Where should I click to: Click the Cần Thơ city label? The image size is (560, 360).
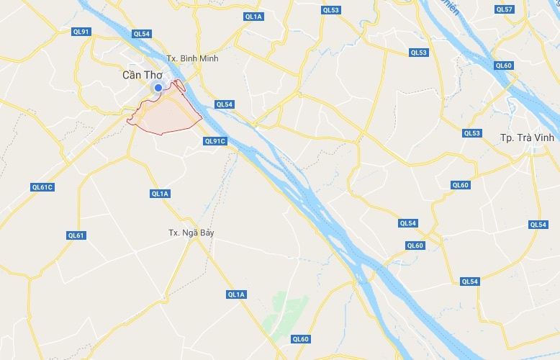tap(143, 74)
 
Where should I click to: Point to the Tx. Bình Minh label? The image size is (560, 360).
tap(191, 58)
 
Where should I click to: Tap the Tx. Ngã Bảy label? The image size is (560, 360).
tap(191, 233)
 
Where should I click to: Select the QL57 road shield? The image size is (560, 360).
tap(505, 9)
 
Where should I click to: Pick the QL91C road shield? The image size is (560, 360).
tap(215, 141)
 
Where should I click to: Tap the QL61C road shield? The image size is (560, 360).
tap(43, 187)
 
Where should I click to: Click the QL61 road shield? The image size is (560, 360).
tap(76, 235)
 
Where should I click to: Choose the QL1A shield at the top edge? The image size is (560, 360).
tap(253, 16)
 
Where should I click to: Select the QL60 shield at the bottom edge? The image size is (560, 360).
tap(300, 339)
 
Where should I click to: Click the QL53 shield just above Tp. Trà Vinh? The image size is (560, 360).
tap(471, 133)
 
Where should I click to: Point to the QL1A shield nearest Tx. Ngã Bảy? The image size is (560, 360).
tap(160, 194)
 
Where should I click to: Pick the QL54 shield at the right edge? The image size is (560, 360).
tap(538, 225)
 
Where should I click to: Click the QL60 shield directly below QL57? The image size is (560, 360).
tap(504, 66)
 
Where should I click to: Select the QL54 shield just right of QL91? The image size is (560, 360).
tap(142, 34)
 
